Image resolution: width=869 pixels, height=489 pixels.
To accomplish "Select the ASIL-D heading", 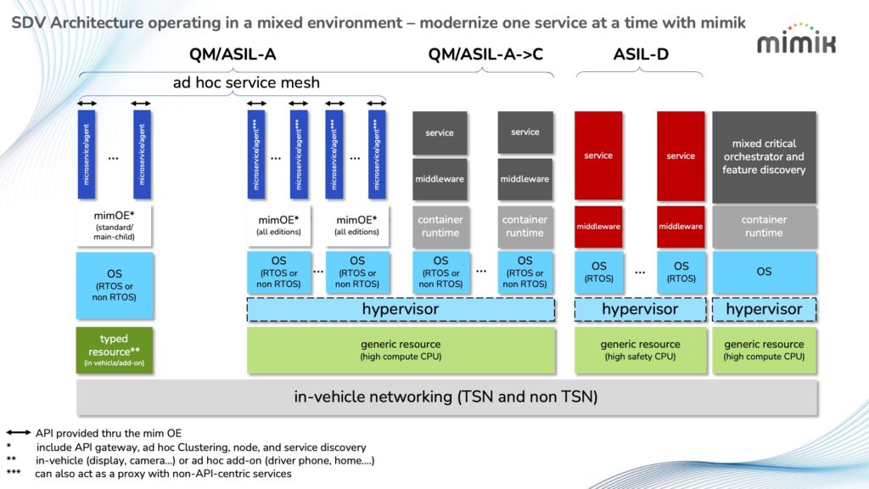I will click(x=641, y=55).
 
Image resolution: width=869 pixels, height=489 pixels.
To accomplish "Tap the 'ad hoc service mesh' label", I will click(x=246, y=82).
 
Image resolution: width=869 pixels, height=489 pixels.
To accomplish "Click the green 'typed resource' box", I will click(x=115, y=351).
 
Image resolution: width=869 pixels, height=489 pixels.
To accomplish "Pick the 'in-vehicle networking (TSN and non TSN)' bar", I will click(x=446, y=396).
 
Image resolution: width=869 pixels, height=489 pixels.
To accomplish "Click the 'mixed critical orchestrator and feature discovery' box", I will click(x=764, y=156).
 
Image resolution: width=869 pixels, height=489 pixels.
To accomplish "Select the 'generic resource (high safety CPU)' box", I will click(x=641, y=351).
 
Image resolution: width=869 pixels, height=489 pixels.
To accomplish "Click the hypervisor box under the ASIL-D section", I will click(x=641, y=310).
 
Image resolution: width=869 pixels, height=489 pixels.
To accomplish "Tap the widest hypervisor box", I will click(x=401, y=310).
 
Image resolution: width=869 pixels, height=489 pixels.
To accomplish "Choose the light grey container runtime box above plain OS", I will click(x=764, y=227).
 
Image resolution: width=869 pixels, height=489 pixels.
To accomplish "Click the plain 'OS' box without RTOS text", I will click(x=764, y=272).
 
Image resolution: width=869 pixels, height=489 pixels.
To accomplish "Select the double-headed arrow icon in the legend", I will click(x=19, y=433).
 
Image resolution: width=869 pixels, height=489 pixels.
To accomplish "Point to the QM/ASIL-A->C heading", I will click(x=485, y=55).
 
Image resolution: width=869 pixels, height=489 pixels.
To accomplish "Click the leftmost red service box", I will click(x=598, y=155).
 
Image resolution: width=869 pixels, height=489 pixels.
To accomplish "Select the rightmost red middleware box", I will click(x=681, y=227).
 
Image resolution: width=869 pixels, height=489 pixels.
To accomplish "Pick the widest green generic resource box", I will click(x=401, y=351).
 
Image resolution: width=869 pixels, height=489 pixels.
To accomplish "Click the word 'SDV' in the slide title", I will click(x=28, y=23).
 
